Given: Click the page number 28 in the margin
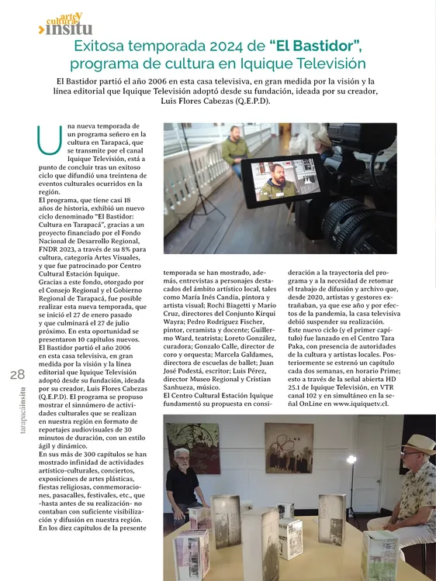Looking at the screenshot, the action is [17, 374].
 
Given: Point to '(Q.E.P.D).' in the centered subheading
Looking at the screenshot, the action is [247, 101].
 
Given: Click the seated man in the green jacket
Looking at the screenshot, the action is [235, 152].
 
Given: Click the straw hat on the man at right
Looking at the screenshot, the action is [418, 444].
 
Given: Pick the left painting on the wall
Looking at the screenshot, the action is [193, 448].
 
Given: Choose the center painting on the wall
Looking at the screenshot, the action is [289, 447].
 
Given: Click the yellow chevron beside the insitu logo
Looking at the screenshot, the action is [40, 29].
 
